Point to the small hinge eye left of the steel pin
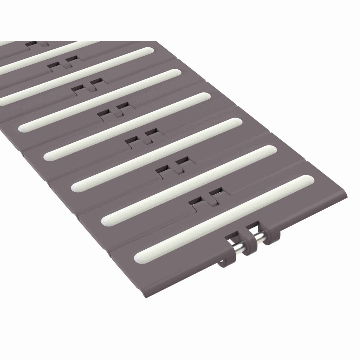click(x=222, y=262)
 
